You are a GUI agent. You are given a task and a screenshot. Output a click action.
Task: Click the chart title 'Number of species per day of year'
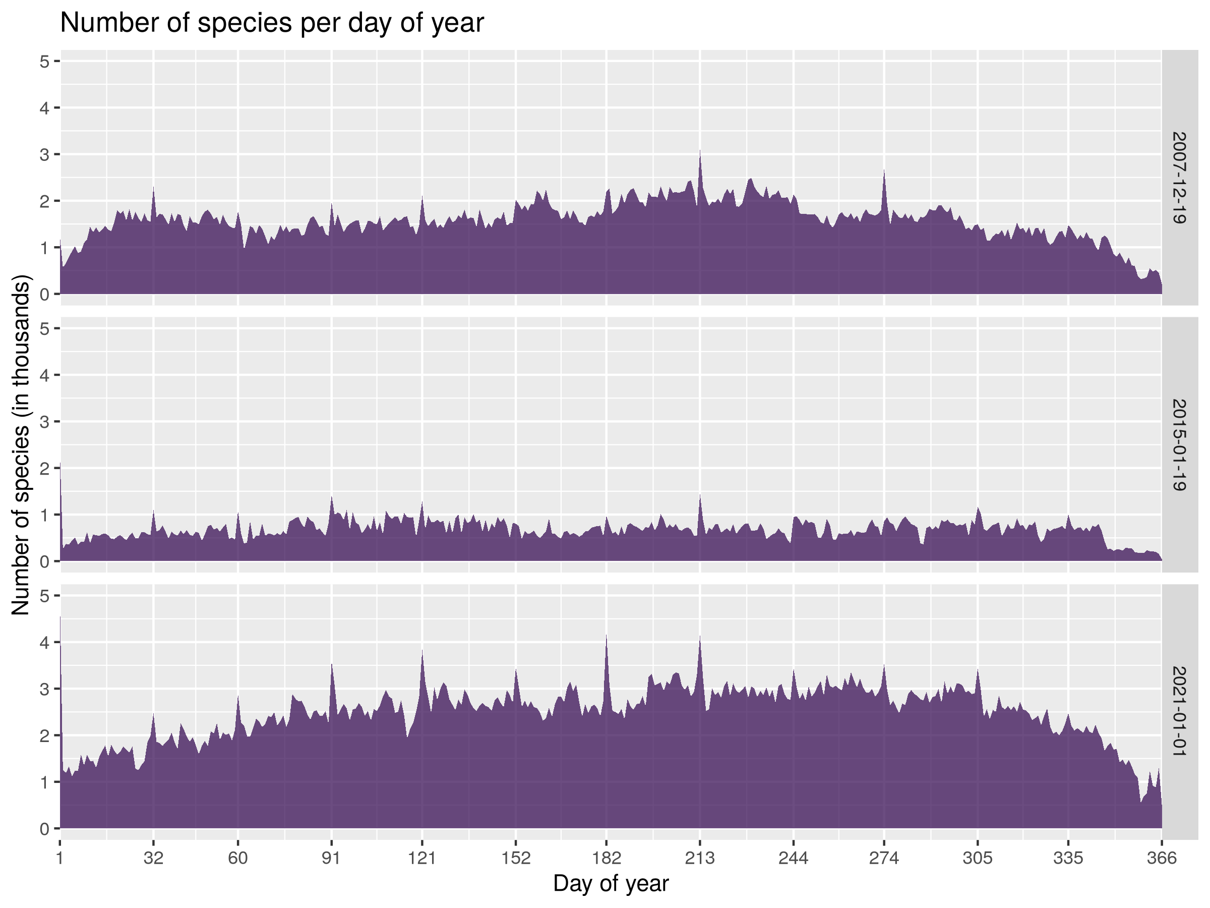[272, 24]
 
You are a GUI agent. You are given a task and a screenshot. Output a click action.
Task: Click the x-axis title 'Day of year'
[611, 883]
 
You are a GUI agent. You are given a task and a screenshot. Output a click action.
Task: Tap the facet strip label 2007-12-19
[1179, 178]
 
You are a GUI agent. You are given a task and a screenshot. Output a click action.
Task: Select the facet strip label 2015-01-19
[1179, 444]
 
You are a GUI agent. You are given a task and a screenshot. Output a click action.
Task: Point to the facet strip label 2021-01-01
[1179, 711]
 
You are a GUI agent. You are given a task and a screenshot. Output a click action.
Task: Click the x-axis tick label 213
[700, 858]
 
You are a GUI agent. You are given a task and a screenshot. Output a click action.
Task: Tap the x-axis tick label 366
[1161, 858]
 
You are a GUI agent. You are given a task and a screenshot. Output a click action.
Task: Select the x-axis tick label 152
[516, 858]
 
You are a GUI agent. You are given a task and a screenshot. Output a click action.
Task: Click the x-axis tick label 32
[153, 858]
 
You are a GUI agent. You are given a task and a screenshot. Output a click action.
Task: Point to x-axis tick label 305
[978, 858]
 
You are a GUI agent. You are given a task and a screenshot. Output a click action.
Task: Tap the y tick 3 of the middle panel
[44, 421]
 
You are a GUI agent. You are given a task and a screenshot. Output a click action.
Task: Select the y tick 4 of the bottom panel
[44, 642]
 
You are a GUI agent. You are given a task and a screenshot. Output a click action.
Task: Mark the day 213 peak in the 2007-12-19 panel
[700, 150]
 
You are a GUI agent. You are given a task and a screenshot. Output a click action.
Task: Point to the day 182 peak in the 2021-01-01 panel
[606, 636]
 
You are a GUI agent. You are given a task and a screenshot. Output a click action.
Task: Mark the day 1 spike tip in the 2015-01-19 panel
[60, 464]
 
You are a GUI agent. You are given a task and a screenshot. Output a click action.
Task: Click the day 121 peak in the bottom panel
[422, 650]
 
